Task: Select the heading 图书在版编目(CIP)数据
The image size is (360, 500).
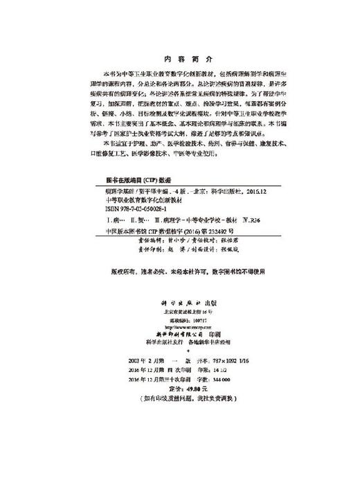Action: tap(125, 177)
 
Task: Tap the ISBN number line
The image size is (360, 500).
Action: tap(120, 207)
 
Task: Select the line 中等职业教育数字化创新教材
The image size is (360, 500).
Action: tap(131, 197)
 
